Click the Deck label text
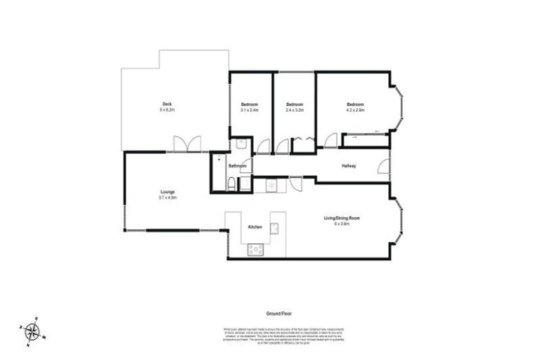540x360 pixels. tap(167, 104)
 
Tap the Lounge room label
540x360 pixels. tap(167, 192)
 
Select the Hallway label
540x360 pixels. tap(349, 166)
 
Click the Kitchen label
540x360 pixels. tap(255, 227)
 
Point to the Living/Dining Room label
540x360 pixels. tap(342, 218)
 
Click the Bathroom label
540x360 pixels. tap(237, 166)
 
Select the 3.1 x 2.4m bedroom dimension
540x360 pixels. tap(249, 110)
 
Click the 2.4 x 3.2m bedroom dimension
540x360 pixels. tap(294, 110)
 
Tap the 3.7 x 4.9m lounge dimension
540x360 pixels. tap(167, 198)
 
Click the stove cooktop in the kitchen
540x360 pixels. tap(255, 248)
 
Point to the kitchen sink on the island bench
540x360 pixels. tap(275, 227)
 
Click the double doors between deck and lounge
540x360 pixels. tap(185, 143)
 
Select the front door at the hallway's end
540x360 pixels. tap(385, 166)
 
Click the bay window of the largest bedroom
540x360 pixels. tap(398, 110)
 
